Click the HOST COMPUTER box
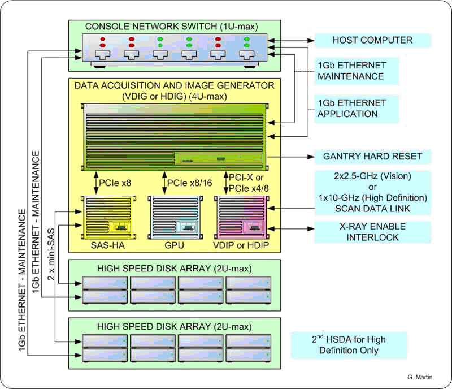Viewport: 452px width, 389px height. [372, 40]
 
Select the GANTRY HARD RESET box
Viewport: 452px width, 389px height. [372, 157]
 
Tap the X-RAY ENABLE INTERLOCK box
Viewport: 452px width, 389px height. [372, 232]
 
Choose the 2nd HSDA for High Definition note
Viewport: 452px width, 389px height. [348, 345]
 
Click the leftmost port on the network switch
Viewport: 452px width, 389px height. [103, 55]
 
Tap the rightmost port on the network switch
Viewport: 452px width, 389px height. [247, 55]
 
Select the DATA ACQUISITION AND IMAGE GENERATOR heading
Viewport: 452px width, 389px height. [175, 90]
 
